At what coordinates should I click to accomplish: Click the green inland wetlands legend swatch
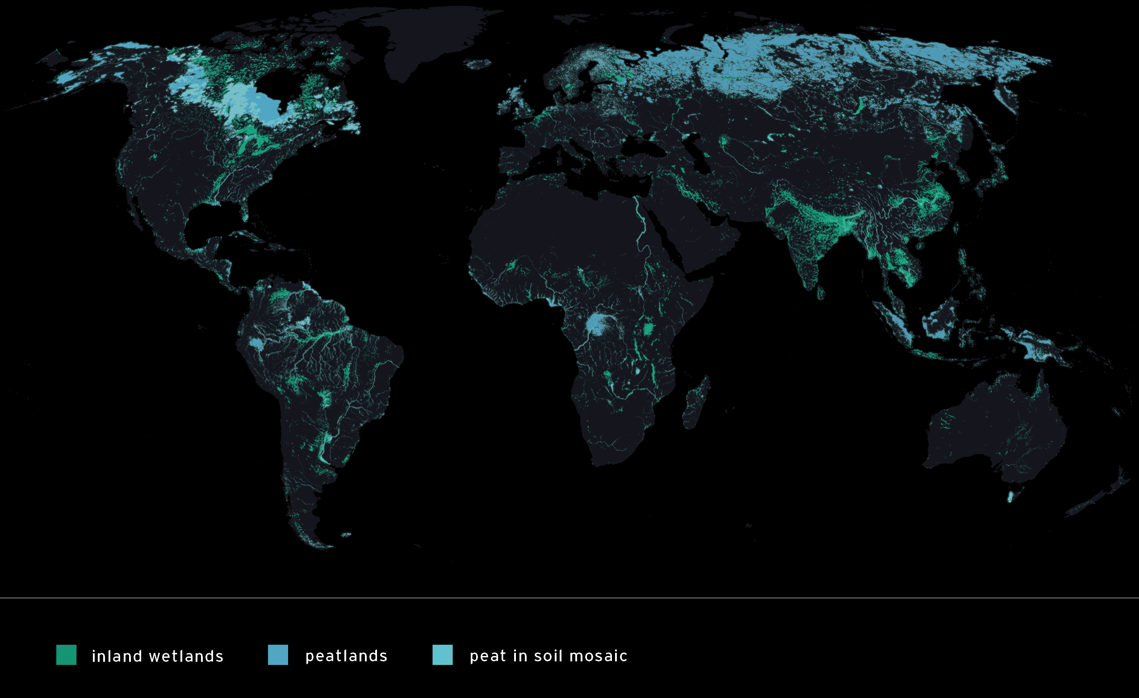pos(66,655)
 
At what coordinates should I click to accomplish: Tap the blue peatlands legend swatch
pos(278,655)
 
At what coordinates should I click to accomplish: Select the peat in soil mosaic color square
pos(442,655)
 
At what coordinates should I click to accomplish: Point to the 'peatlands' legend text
pos(346,656)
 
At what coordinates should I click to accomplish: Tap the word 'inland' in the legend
pos(117,656)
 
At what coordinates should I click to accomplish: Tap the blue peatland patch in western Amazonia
pos(255,343)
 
